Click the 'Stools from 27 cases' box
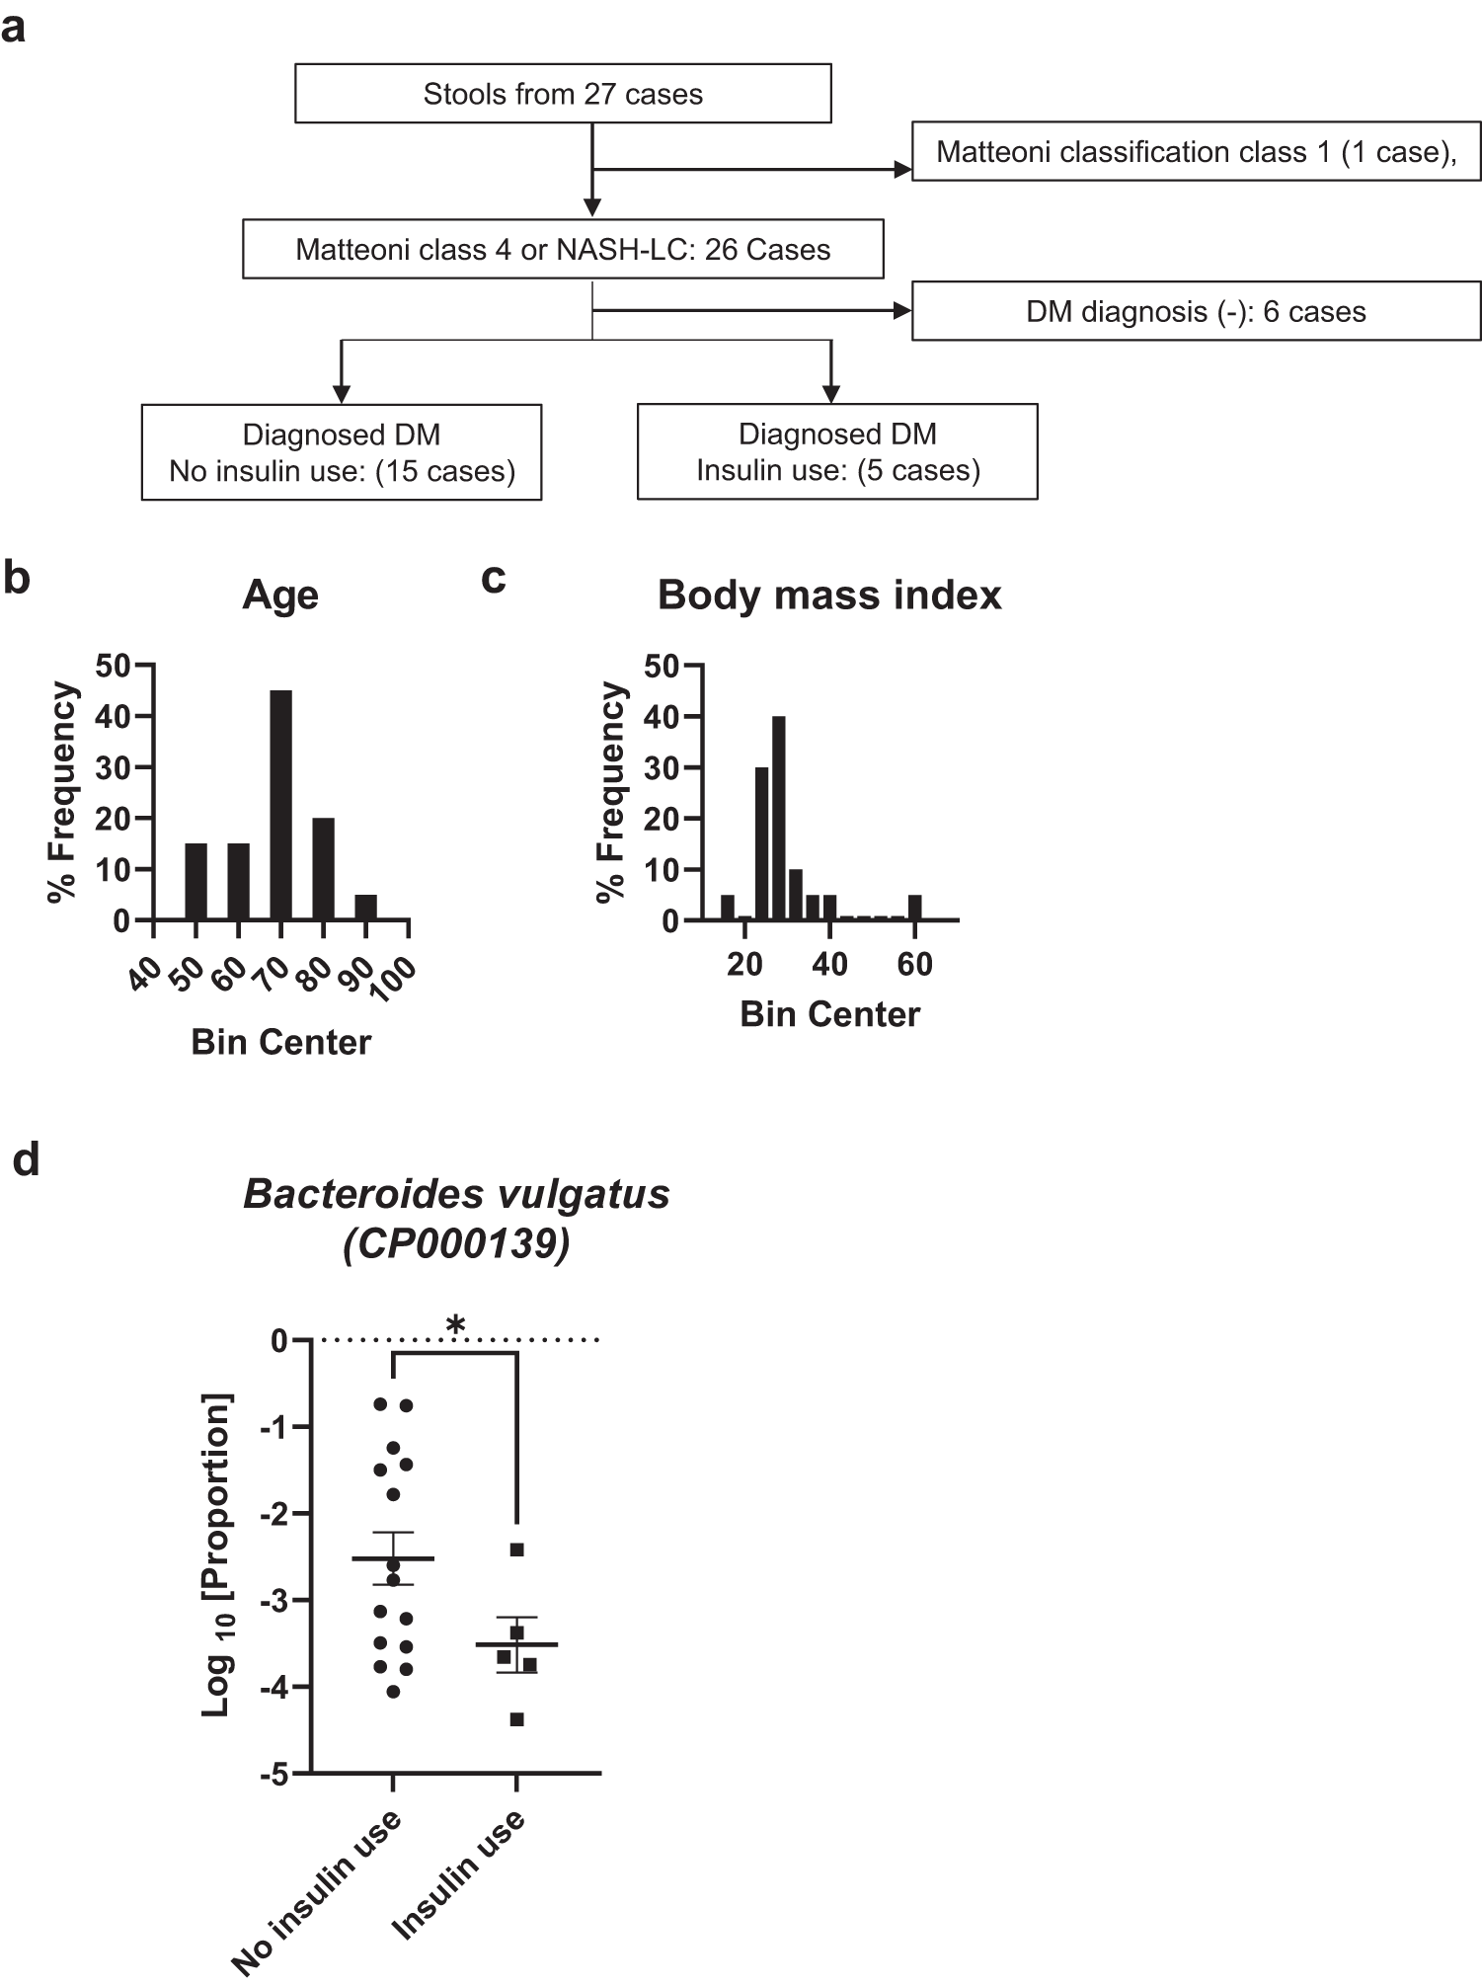tap(563, 94)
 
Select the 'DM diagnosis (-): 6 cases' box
tap(1196, 312)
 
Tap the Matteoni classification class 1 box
tap(1196, 151)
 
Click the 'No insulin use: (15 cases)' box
tap(342, 452)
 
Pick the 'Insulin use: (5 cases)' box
tap(837, 451)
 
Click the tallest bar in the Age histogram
tap(281, 805)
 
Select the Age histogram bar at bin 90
tap(366, 907)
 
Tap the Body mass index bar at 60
tap(915, 907)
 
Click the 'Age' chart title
tap(280, 596)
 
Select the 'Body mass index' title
tap(829, 596)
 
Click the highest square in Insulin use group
tap(517, 1550)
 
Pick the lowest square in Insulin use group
tap(517, 1719)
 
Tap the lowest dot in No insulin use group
tap(393, 1692)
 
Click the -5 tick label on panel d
tap(273, 1775)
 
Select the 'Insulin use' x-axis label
tap(460, 1874)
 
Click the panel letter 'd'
tap(26, 1159)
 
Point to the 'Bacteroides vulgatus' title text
tap(456, 1194)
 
